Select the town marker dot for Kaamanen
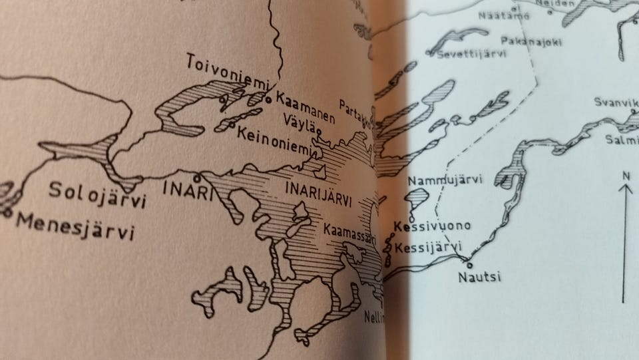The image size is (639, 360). coord(268,100)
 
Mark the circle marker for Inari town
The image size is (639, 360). coord(197,178)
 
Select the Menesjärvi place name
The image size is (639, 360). coord(74,226)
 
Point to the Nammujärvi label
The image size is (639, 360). coord(445,180)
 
